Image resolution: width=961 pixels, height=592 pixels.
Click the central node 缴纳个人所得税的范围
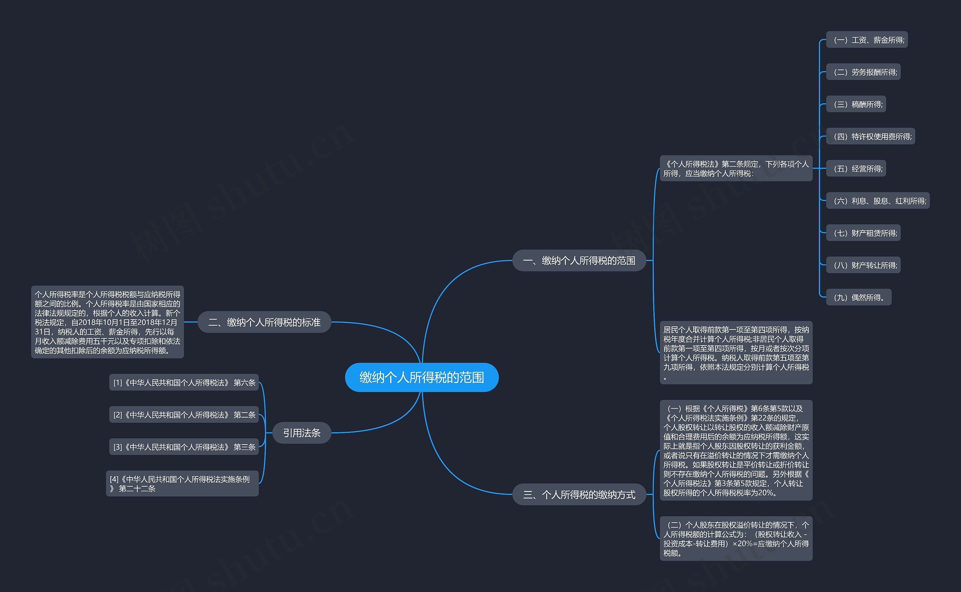pos(422,377)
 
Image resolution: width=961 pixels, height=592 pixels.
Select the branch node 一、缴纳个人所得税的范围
pos(579,260)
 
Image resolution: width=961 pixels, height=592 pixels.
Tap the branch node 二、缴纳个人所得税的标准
pos(264,322)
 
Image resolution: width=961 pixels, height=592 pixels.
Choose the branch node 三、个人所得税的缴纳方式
pos(579,494)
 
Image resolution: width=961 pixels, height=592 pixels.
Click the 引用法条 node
pos(302,433)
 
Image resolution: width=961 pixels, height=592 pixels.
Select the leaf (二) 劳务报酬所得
pos(863,72)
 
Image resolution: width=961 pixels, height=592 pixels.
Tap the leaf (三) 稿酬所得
pos(856,104)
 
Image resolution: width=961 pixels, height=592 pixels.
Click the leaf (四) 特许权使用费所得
pos(871,136)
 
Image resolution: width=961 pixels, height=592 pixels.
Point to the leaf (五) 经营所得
pos(856,169)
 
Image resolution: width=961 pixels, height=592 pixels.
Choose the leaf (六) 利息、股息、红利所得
pos(878,201)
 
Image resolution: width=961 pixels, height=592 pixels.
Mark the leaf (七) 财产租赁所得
pos(863,233)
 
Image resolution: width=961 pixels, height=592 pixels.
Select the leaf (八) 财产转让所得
pos(863,265)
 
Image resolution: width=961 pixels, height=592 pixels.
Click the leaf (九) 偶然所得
pos(859,297)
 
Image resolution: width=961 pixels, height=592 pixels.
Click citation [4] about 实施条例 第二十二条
pos(182,484)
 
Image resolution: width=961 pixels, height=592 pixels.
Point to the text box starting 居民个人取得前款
pos(736,352)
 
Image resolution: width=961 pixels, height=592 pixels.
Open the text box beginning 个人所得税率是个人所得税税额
pos(107,322)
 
